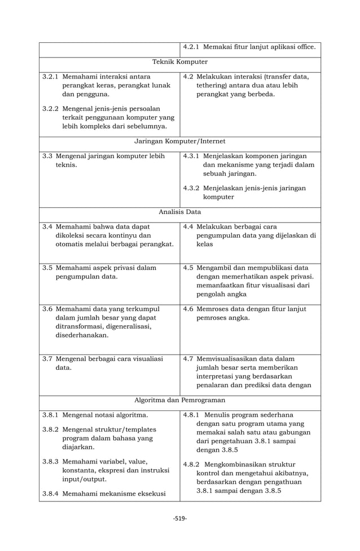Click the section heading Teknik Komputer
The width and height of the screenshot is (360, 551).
tap(180, 62)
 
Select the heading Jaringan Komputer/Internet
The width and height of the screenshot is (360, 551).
tap(180, 141)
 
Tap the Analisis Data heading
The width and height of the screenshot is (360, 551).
tap(180, 212)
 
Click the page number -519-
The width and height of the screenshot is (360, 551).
tap(180, 518)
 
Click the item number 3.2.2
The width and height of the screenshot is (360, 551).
tap(51, 108)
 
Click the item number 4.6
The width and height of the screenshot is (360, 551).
tap(189, 309)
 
